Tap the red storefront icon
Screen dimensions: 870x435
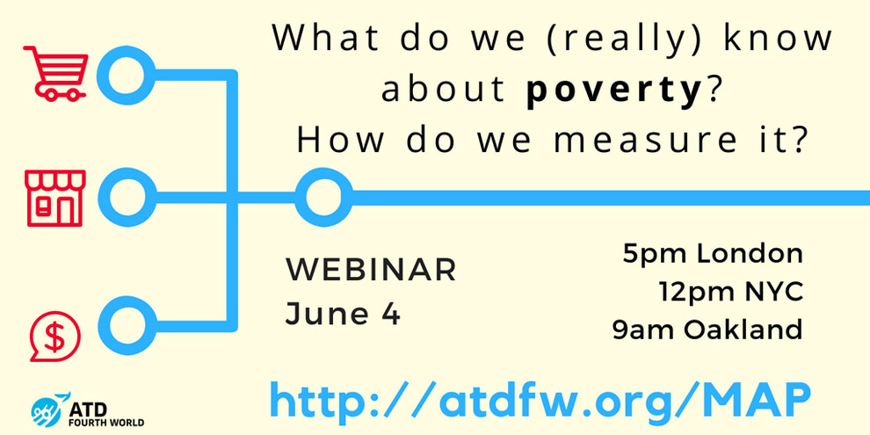pos(55,198)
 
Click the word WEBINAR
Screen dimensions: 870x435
pos(371,271)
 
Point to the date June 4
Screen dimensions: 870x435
pos(343,314)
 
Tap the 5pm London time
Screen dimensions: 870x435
pos(713,254)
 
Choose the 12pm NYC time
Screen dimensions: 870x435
pos(731,293)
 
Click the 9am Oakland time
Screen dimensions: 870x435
pos(708,330)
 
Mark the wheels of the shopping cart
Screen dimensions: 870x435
pos(61,94)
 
